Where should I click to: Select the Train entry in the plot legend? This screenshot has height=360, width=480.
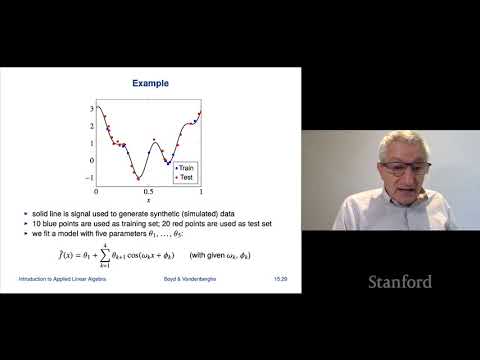click(187, 168)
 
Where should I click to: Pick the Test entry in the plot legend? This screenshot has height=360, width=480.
click(186, 176)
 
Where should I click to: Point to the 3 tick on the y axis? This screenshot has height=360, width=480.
click(92, 107)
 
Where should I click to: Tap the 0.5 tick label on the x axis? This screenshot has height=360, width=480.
click(148, 190)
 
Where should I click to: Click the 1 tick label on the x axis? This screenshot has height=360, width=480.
click(201, 190)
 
